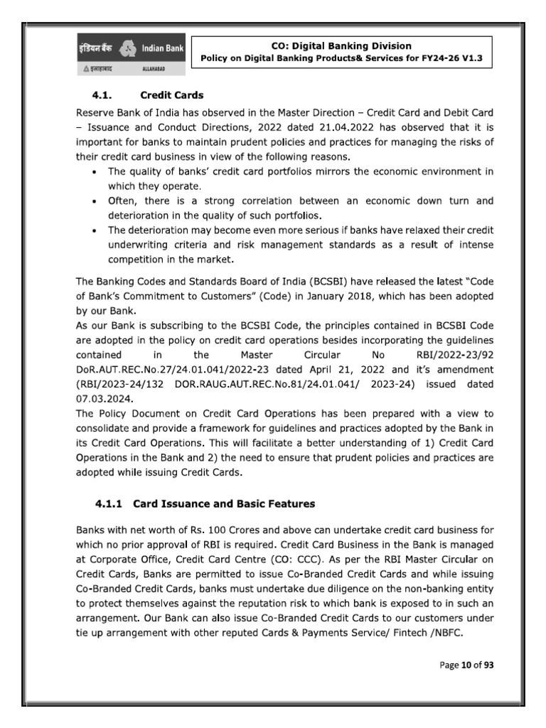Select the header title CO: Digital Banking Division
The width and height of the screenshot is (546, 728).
pyautogui.click(x=343, y=45)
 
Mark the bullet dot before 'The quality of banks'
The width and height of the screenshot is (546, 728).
pyautogui.click(x=96, y=172)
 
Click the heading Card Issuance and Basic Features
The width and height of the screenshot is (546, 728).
pyautogui.click(x=224, y=504)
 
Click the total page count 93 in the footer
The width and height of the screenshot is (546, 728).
pyautogui.click(x=487, y=665)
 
